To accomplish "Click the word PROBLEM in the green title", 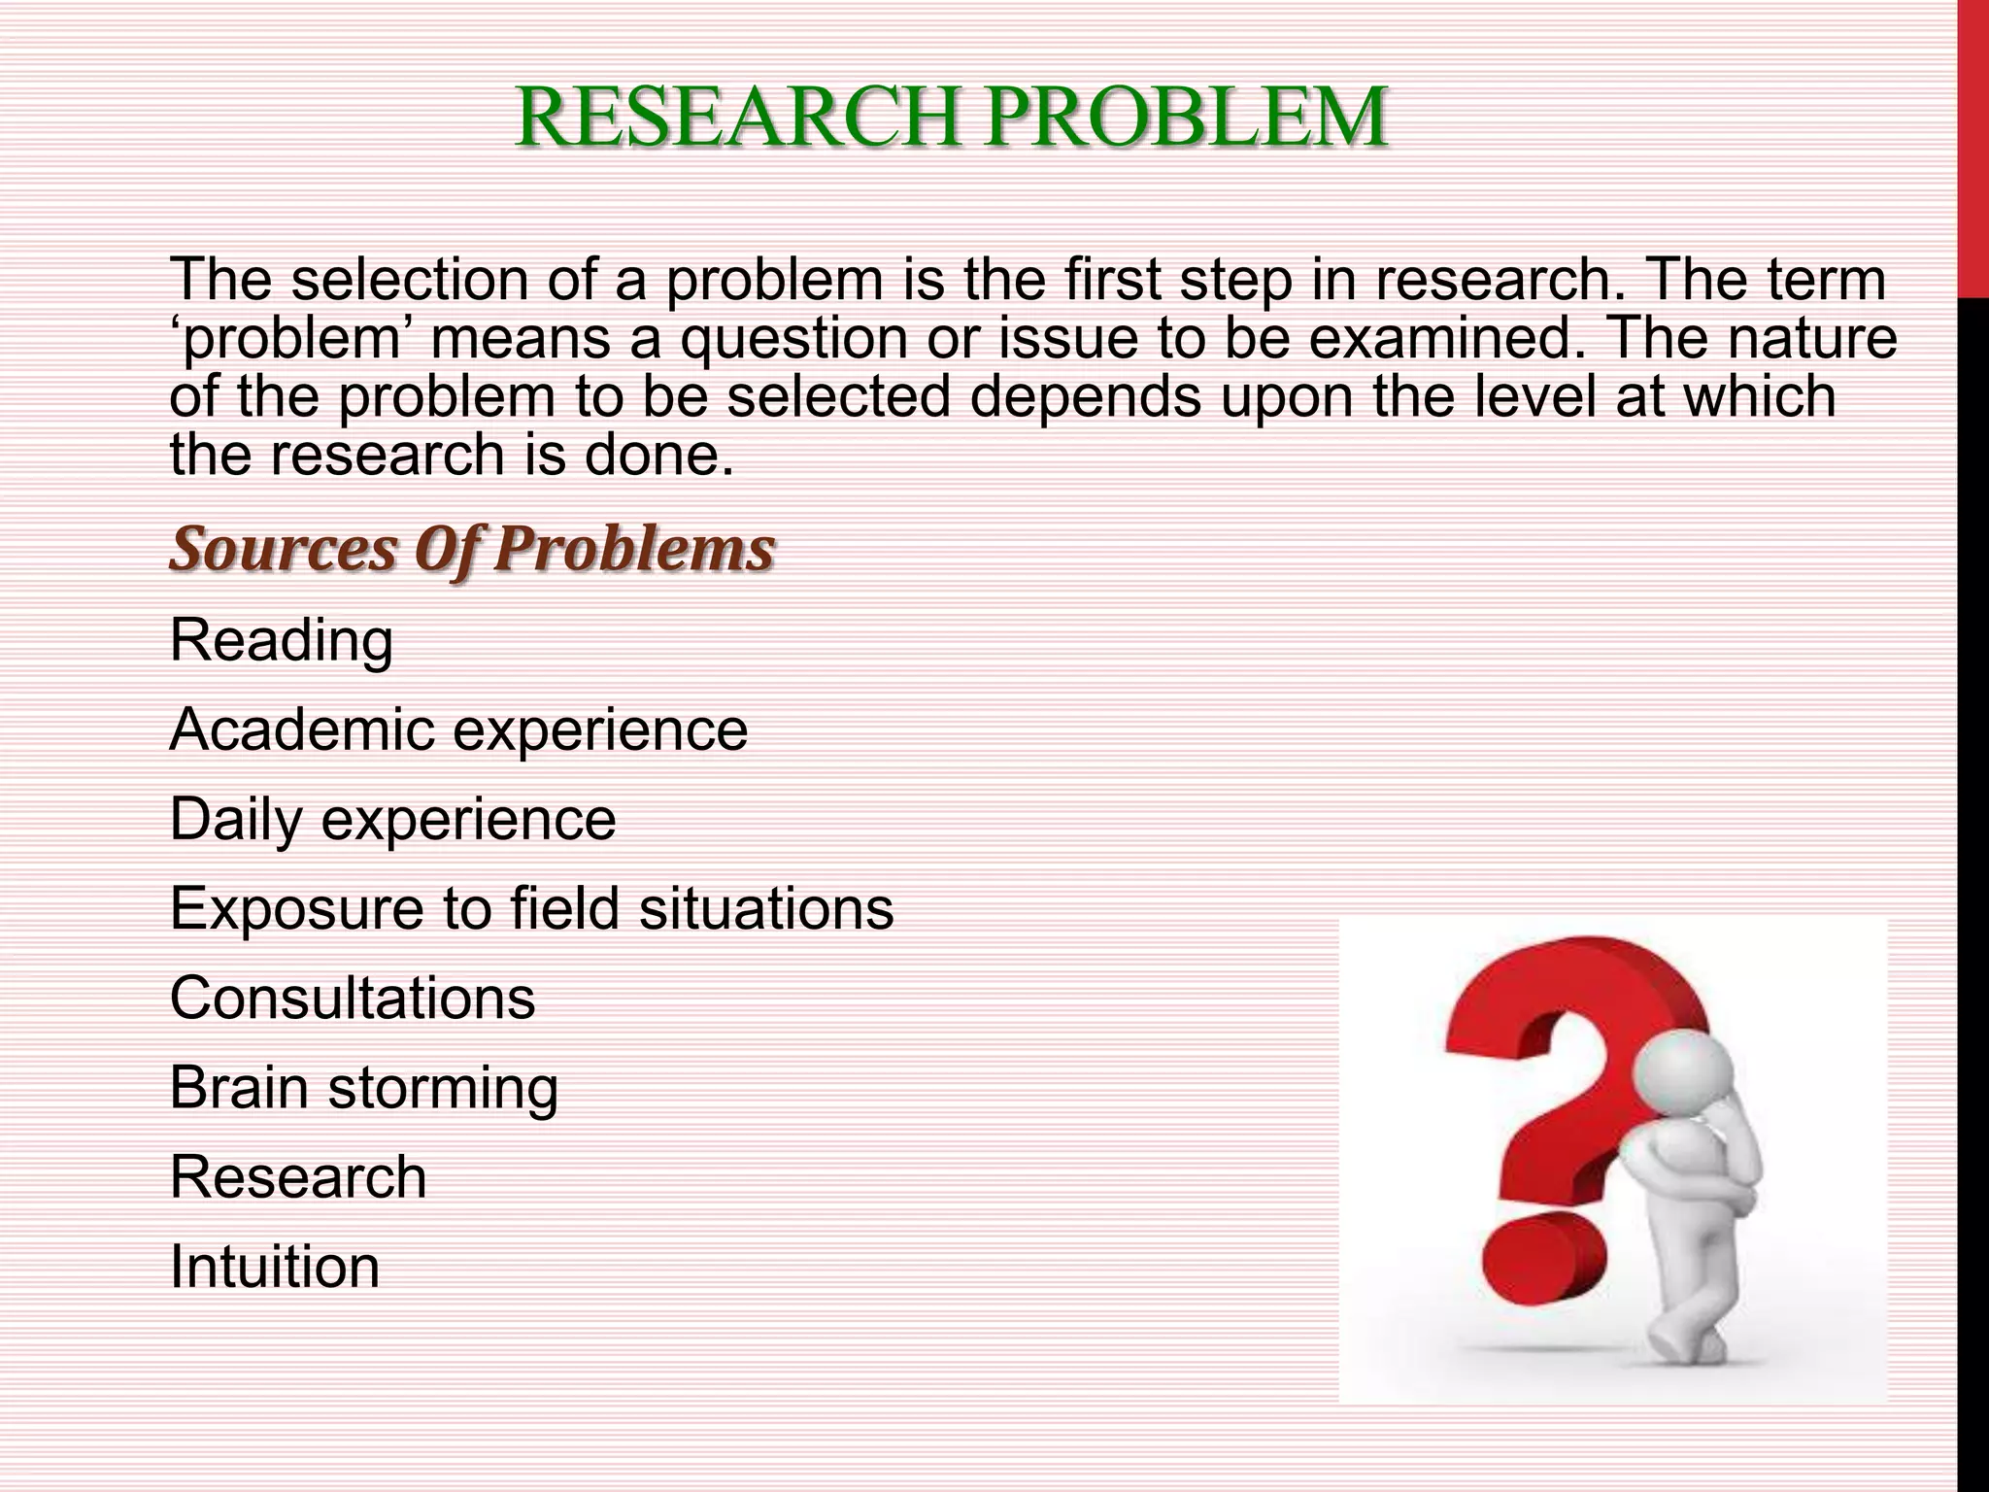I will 1185,119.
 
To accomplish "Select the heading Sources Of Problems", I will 472,550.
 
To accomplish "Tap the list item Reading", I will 282,641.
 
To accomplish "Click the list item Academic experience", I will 458,730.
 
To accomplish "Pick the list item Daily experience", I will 392,820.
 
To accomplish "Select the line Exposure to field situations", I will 531,909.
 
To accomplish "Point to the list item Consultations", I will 353,999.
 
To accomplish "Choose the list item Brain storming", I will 364,1088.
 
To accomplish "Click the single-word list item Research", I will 298,1177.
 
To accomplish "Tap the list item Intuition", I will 275,1267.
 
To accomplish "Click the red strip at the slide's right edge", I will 1973,146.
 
